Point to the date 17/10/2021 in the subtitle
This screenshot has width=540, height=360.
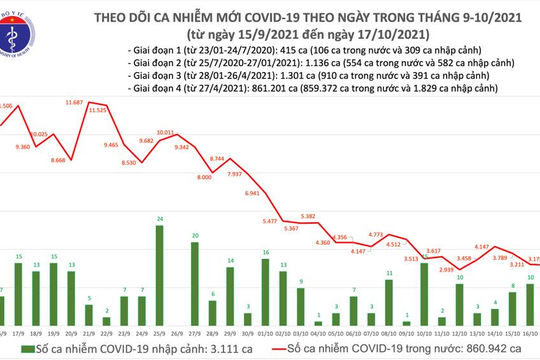[x=365, y=31]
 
